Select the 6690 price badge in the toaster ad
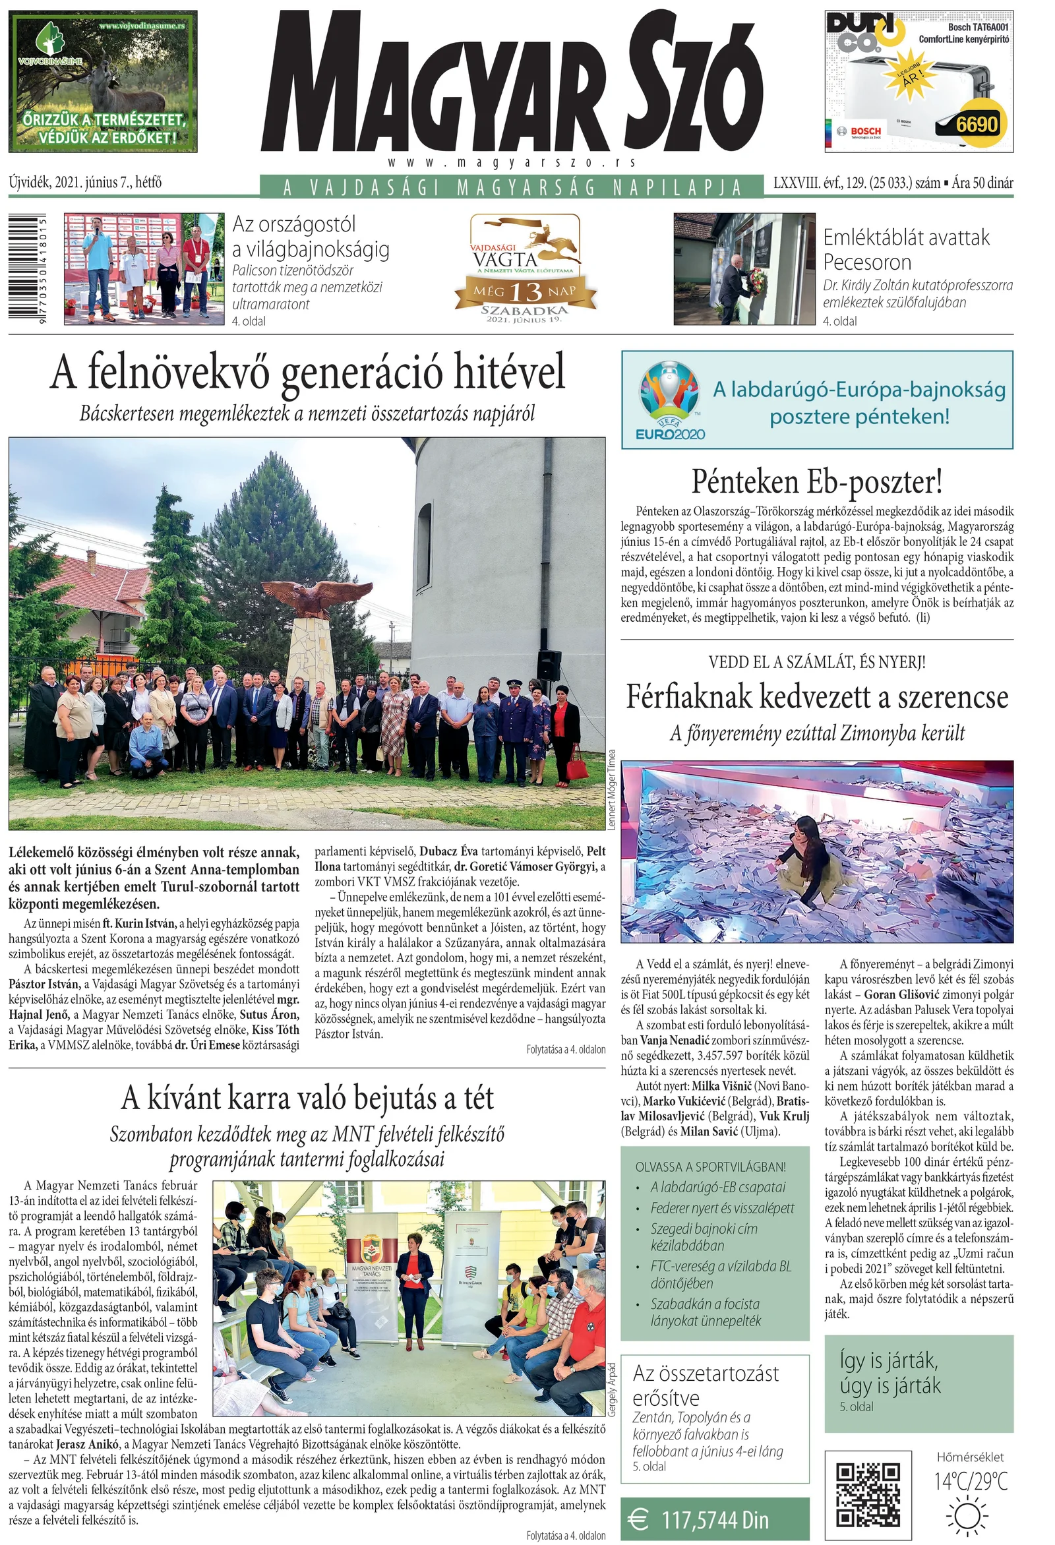(977, 124)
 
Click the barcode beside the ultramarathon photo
(28, 268)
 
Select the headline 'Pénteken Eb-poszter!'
(816, 482)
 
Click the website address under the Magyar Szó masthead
(511, 162)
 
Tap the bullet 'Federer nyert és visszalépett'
(722, 1208)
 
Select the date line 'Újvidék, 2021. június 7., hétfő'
(85, 182)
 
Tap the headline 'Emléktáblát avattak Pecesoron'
(906, 249)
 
